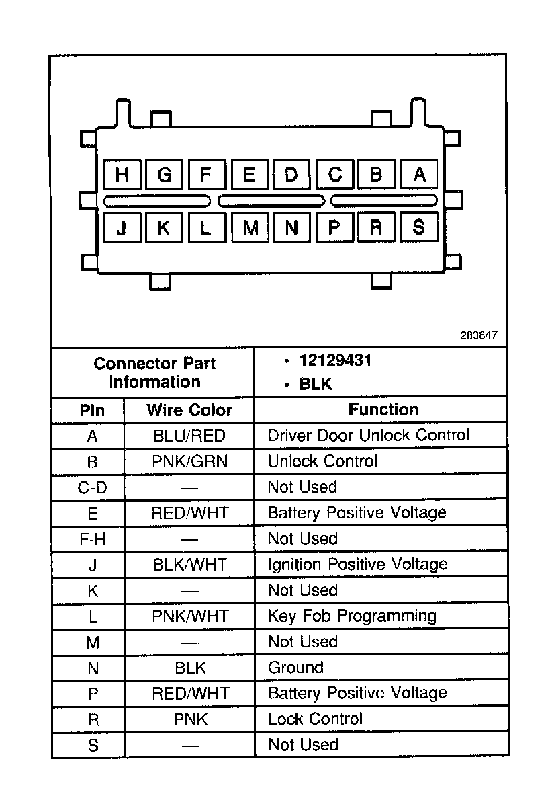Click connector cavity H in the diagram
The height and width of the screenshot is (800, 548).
pyautogui.click(x=122, y=175)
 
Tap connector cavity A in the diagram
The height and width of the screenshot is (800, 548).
pyautogui.click(x=419, y=175)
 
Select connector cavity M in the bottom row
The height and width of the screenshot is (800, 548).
pyautogui.click(x=250, y=227)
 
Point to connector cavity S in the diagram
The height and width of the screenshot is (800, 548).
pyautogui.click(x=419, y=227)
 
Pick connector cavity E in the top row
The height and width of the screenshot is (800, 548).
pyautogui.click(x=249, y=175)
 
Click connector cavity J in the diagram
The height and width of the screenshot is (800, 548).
pyautogui.click(x=122, y=227)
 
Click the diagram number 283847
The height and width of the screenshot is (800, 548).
pyautogui.click(x=479, y=335)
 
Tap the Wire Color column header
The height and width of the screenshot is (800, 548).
pyautogui.click(x=189, y=410)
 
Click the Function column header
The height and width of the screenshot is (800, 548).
pyautogui.click(x=383, y=409)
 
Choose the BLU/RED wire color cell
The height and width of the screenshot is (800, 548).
pyautogui.click(x=189, y=436)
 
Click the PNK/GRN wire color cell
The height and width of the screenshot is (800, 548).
pyautogui.click(x=190, y=461)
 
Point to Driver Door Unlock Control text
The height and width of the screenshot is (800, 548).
pyautogui.click(x=369, y=435)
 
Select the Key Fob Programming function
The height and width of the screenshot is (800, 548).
pyautogui.click(x=352, y=616)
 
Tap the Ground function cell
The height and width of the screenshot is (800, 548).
pyautogui.click(x=295, y=668)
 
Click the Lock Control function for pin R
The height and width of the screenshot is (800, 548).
pyautogui.click(x=315, y=719)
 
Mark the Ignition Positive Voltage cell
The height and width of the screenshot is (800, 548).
pyautogui.click(x=357, y=564)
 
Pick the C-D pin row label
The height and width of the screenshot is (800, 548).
pyautogui.click(x=93, y=487)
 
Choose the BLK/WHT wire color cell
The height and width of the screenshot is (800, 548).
pyautogui.click(x=190, y=564)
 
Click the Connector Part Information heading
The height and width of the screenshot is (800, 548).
pyautogui.click(x=154, y=372)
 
